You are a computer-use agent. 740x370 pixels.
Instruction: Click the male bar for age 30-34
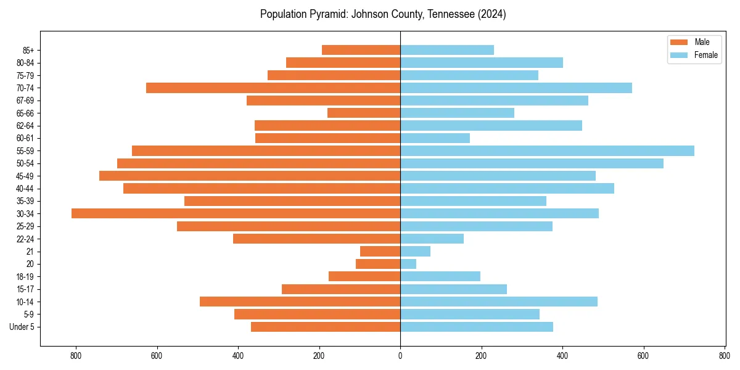click(x=236, y=213)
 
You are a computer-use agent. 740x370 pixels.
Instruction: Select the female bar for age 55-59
click(x=547, y=150)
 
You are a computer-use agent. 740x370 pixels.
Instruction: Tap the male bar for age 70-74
click(x=273, y=88)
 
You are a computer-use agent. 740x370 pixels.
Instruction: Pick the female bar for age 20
click(x=408, y=264)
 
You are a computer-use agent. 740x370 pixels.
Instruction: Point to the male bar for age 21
click(x=380, y=251)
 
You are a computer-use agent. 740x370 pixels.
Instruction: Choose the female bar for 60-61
click(x=435, y=138)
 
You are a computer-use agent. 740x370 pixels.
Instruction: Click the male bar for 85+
click(x=361, y=50)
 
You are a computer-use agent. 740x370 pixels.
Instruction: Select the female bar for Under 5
click(x=477, y=327)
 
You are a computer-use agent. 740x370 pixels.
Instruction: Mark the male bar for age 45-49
click(x=250, y=176)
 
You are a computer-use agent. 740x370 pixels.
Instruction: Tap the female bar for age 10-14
click(x=499, y=302)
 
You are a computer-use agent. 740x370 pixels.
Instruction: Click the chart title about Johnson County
click(x=383, y=14)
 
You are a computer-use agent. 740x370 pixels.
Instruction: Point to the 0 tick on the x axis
click(x=400, y=355)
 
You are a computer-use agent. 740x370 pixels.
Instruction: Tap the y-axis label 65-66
click(x=25, y=113)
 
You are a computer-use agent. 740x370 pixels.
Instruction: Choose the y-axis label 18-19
click(x=25, y=276)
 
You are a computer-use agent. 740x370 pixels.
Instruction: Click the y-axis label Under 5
click(x=22, y=327)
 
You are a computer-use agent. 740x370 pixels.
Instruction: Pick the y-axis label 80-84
click(x=25, y=62)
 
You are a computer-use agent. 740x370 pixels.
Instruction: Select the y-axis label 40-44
click(x=25, y=188)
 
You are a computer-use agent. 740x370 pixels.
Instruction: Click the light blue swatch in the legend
click(x=678, y=55)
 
